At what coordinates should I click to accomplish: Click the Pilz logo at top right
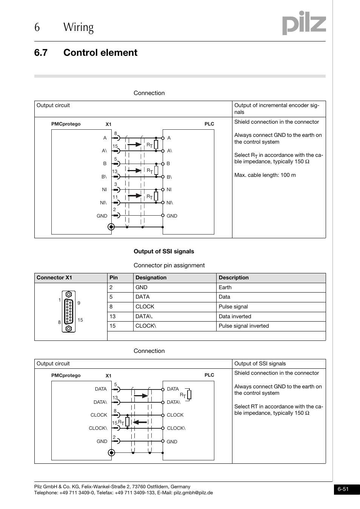(x=304, y=23)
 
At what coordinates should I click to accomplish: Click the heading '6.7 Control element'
(x=86, y=52)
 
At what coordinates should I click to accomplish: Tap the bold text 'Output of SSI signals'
(x=164, y=251)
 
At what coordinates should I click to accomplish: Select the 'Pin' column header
(x=114, y=278)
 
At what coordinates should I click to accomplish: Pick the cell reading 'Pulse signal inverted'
(x=244, y=326)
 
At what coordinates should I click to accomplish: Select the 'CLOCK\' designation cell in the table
(x=146, y=326)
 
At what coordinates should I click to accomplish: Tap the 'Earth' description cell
(x=225, y=288)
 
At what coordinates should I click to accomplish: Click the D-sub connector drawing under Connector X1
(x=69, y=311)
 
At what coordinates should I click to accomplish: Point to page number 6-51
(x=343, y=489)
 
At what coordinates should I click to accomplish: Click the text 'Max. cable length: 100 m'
(x=265, y=175)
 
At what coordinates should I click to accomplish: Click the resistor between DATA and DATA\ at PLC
(x=189, y=395)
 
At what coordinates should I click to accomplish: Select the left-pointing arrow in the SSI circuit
(x=140, y=422)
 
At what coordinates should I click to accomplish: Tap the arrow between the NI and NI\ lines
(x=134, y=196)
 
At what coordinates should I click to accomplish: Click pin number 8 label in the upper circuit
(x=115, y=133)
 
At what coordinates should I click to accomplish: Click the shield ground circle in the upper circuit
(x=111, y=227)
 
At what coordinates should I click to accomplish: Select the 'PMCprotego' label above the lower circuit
(x=66, y=376)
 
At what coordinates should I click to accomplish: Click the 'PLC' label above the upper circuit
(x=209, y=124)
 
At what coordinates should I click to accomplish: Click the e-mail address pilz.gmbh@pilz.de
(x=193, y=493)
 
